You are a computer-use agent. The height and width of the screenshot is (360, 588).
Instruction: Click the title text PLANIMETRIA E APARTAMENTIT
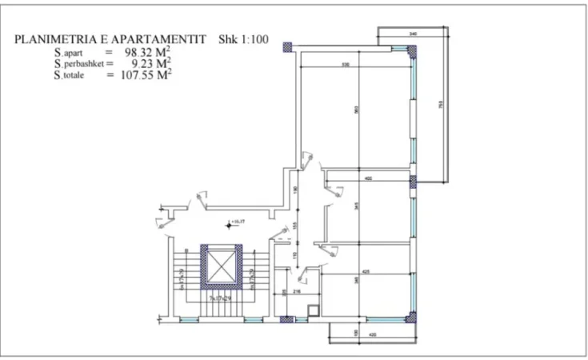pos(112,39)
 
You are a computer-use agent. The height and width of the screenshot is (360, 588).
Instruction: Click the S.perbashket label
pos(60,63)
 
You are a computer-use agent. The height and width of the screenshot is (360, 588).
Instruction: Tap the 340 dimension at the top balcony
pos(413,34)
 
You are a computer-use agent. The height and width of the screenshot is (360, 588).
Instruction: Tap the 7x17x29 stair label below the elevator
pos(219,298)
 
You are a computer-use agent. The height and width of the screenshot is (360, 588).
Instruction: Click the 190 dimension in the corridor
pos(295,190)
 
